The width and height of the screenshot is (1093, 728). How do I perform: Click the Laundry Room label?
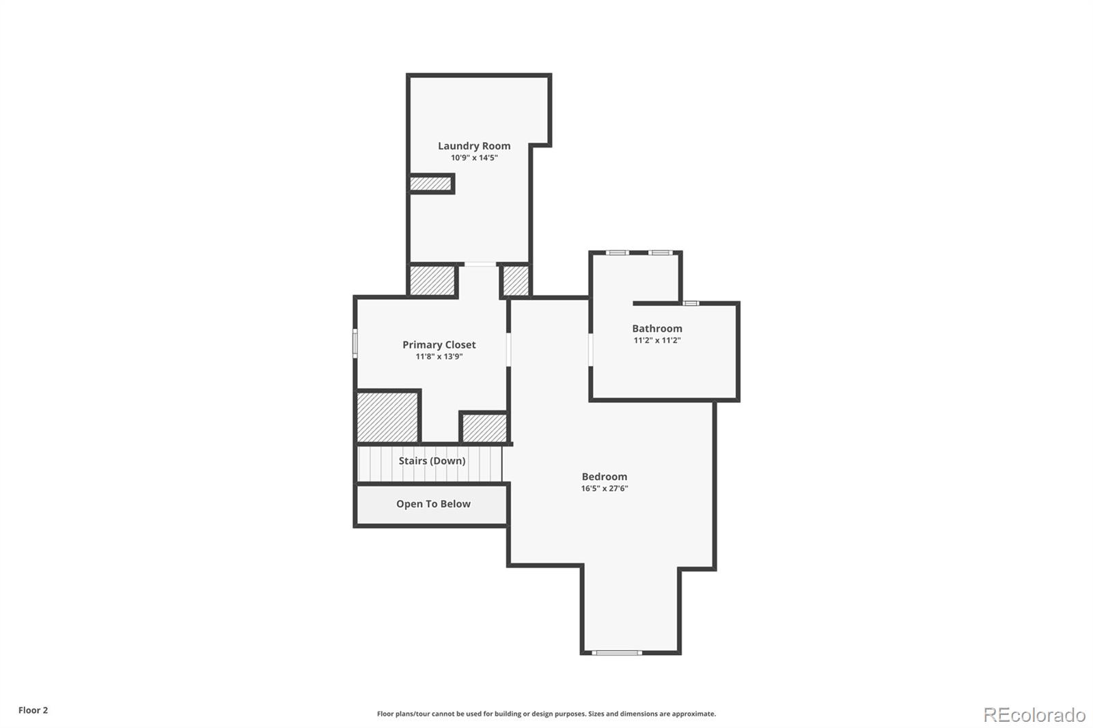click(474, 145)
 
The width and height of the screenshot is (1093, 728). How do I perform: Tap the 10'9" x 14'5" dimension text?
click(474, 158)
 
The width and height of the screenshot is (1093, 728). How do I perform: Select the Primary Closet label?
click(439, 345)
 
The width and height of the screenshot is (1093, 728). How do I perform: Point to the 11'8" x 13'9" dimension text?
click(439, 356)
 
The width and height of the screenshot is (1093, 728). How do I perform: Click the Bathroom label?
click(656, 328)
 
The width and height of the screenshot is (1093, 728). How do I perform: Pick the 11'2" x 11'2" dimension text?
click(656, 340)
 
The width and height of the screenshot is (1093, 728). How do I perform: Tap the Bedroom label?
click(604, 477)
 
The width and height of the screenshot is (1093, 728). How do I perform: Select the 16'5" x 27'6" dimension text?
click(604, 488)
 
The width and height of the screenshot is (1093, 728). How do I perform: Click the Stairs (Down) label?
click(432, 461)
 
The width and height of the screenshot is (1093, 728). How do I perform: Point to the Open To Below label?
click(433, 504)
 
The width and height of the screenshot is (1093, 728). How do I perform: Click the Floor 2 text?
click(33, 710)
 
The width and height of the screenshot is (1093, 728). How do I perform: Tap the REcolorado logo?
click(1034, 715)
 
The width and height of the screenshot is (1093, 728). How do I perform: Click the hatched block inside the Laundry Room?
click(430, 184)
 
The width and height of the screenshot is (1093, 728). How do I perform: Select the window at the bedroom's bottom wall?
click(616, 653)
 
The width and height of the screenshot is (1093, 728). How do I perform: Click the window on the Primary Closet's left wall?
click(355, 343)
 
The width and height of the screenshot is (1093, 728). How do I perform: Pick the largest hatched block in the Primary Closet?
click(387, 417)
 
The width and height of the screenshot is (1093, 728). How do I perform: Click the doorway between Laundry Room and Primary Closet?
click(480, 264)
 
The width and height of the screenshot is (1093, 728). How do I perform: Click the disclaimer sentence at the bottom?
click(546, 714)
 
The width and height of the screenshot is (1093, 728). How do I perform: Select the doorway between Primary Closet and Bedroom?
click(508, 348)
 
